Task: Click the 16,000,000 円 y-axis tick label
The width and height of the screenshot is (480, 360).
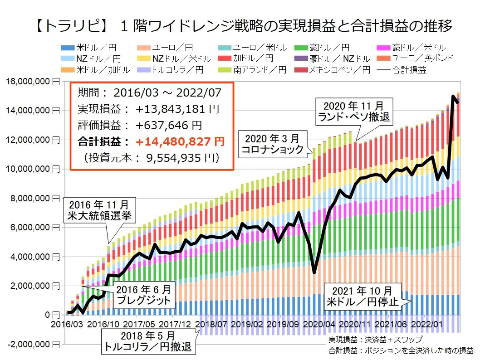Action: coord(31,82)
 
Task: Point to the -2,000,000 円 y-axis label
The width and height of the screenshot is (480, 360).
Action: coord(31,344)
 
